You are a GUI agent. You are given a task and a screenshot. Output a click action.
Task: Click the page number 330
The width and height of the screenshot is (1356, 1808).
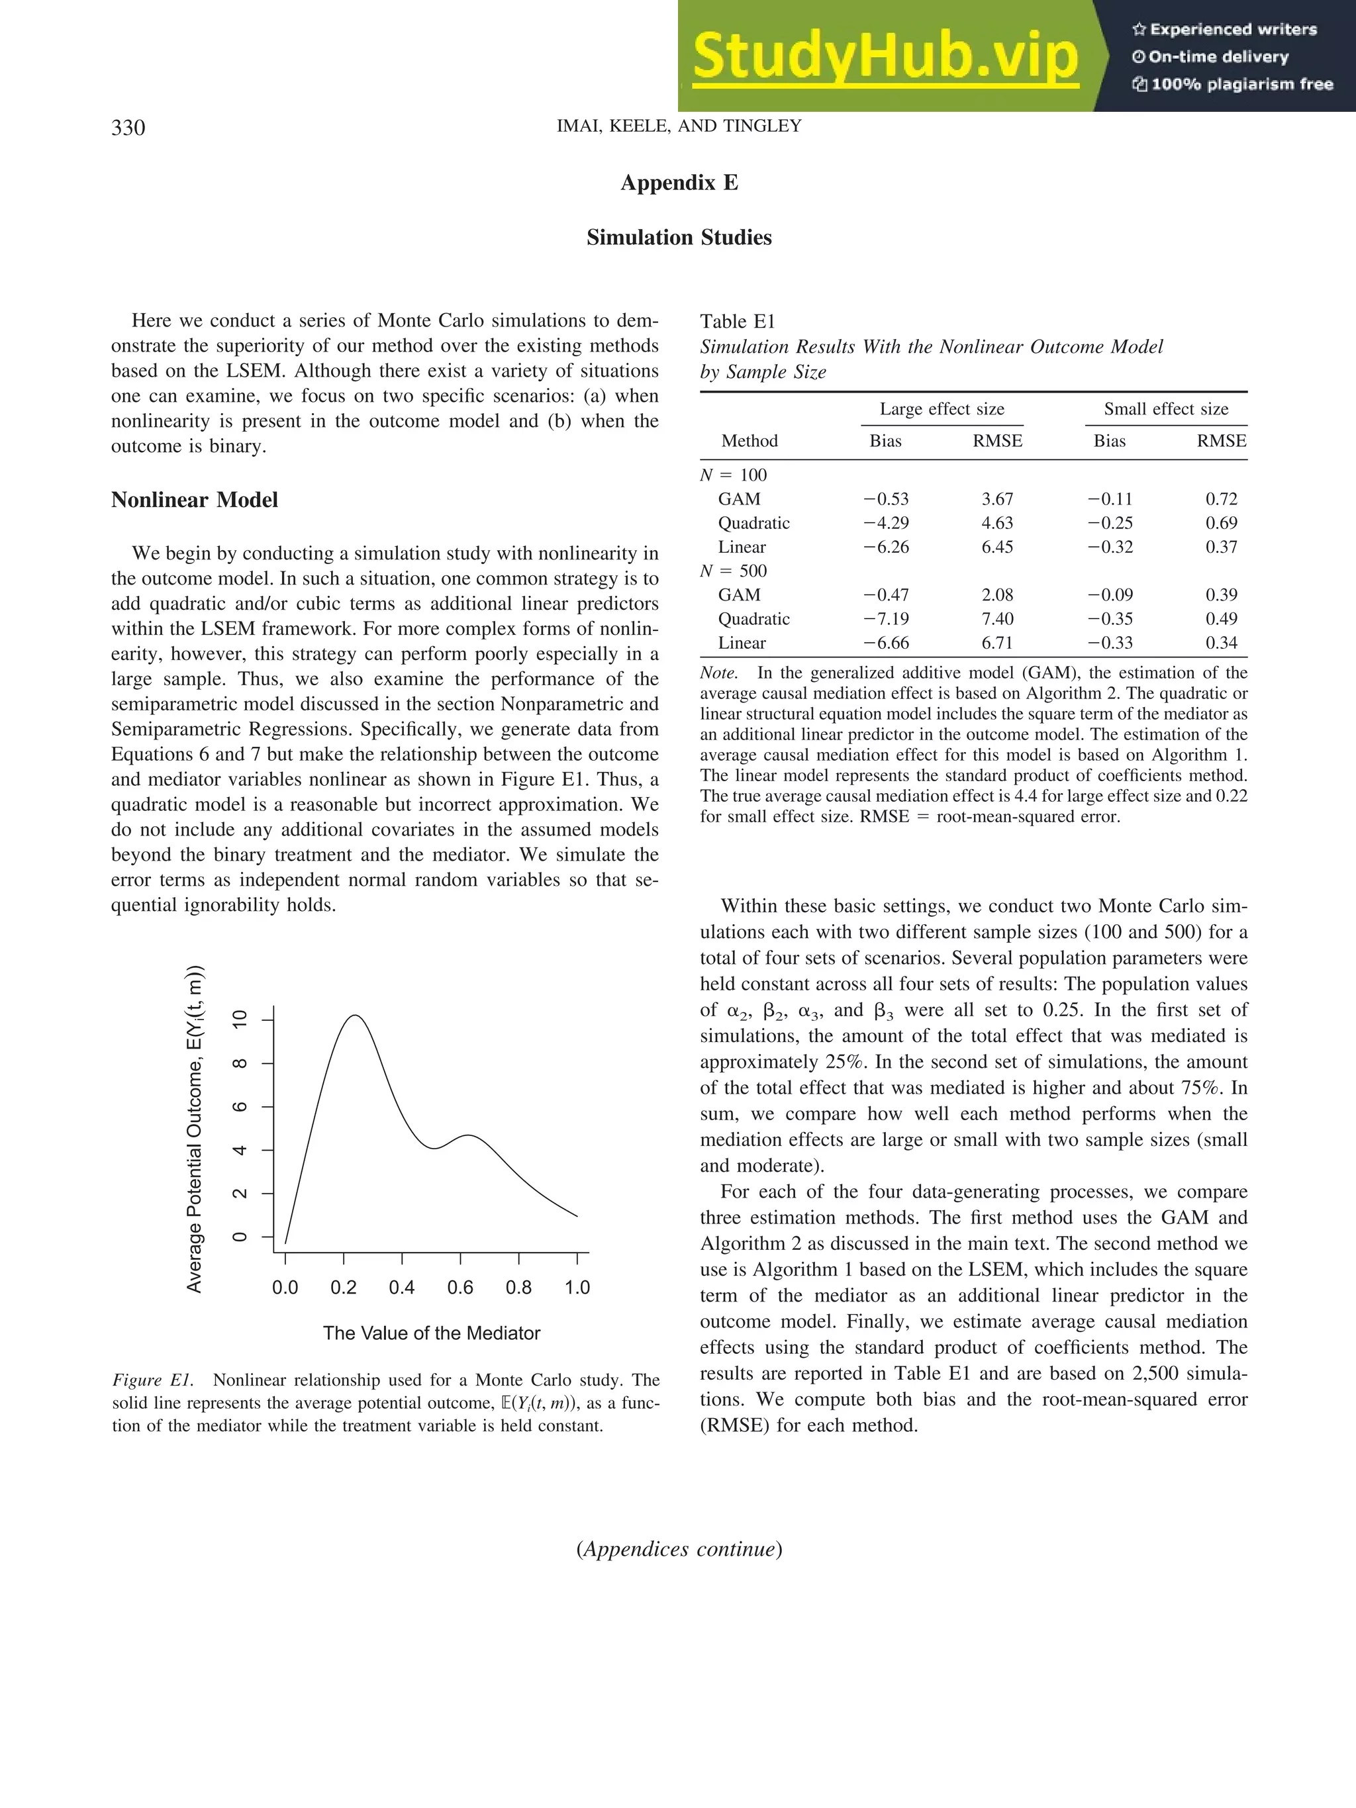click(128, 128)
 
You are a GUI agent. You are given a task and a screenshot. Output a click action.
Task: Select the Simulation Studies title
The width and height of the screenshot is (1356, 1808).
click(679, 237)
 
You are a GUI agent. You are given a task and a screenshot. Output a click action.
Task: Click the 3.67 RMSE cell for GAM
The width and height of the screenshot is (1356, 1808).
click(997, 499)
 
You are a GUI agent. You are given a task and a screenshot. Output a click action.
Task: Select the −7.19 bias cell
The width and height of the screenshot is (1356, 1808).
click(886, 619)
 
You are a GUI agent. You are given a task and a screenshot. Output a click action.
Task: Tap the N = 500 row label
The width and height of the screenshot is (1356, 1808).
click(733, 571)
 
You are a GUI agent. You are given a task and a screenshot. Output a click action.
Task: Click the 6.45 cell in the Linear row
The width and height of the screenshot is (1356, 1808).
click(997, 547)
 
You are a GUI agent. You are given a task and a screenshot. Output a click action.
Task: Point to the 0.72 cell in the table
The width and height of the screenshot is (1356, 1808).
click(1221, 499)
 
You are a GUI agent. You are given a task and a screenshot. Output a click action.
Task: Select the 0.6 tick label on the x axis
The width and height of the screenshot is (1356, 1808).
click(460, 1288)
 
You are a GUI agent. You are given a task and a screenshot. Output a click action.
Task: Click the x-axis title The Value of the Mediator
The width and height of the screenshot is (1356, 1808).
click(432, 1333)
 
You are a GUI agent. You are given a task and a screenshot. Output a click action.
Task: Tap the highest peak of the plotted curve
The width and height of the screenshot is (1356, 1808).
click(355, 1016)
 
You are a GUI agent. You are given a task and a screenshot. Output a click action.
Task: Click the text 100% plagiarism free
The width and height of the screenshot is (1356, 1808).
click(1241, 84)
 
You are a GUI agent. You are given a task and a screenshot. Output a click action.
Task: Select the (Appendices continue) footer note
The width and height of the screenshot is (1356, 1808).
click(679, 1549)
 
